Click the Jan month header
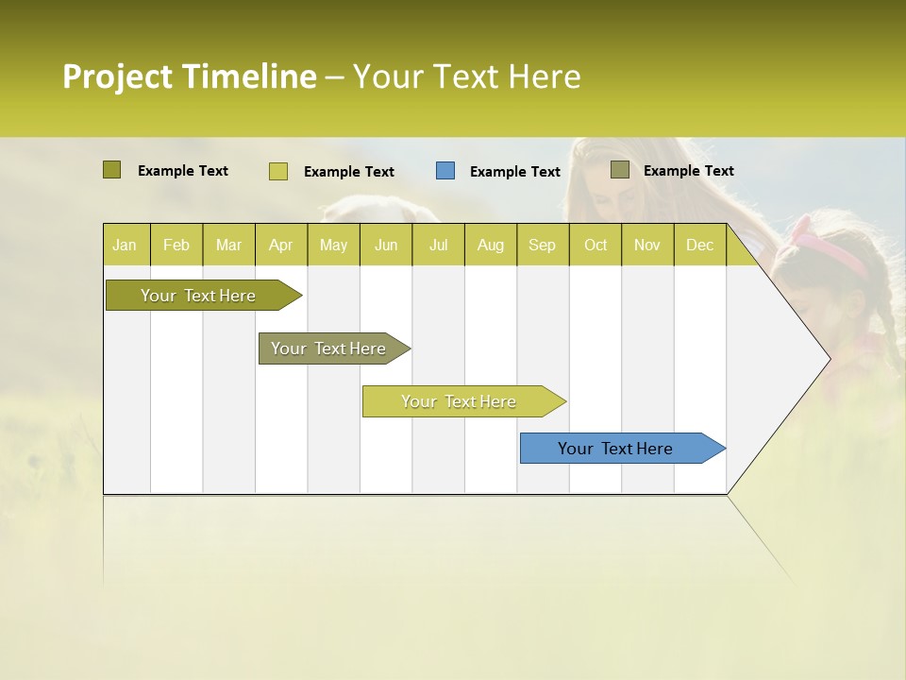pyautogui.click(x=125, y=246)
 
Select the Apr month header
pyautogui.click(x=280, y=246)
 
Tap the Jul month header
pyautogui.click(x=438, y=246)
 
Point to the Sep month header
pyautogui.click(x=542, y=246)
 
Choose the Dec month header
pyautogui.click(x=699, y=246)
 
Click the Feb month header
pyautogui.click(x=176, y=246)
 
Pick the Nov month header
pyautogui.click(x=646, y=246)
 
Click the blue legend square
pyautogui.click(x=445, y=171)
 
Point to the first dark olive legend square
pyautogui.click(x=111, y=170)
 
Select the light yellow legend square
pyautogui.click(x=278, y=171)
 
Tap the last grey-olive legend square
pyautogui.click(x=620, y=170)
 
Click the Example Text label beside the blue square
pyautogui.click(x=515, y=172)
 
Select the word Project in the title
pyautogui.click(x=117, y=76)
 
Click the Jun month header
pyautogui.click(x=386, y=246)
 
